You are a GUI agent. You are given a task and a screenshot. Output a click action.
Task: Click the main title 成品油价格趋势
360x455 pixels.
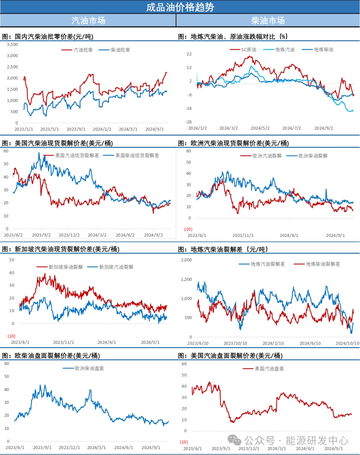[x=180, y=7]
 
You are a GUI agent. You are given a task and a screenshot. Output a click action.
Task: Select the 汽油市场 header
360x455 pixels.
[x=88, y=21]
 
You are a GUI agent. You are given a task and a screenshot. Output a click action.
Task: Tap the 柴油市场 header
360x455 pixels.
[x=268, y=21]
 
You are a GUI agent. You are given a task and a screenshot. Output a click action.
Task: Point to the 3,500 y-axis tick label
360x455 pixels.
[x=13, y=44]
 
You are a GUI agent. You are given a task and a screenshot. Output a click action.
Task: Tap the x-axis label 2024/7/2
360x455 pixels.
[x=292, y=128]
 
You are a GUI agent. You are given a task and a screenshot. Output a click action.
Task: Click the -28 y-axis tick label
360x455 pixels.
[x=189, y=122]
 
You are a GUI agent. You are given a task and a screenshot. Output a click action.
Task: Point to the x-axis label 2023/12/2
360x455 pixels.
[x=69, y=235]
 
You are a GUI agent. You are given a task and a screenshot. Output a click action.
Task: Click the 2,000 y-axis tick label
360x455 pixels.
[x=186, y=260]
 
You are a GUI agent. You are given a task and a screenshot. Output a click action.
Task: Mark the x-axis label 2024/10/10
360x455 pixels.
[x=347, y=343]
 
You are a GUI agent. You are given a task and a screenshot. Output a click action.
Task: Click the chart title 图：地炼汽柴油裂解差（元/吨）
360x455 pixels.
[x=223, y=249]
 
